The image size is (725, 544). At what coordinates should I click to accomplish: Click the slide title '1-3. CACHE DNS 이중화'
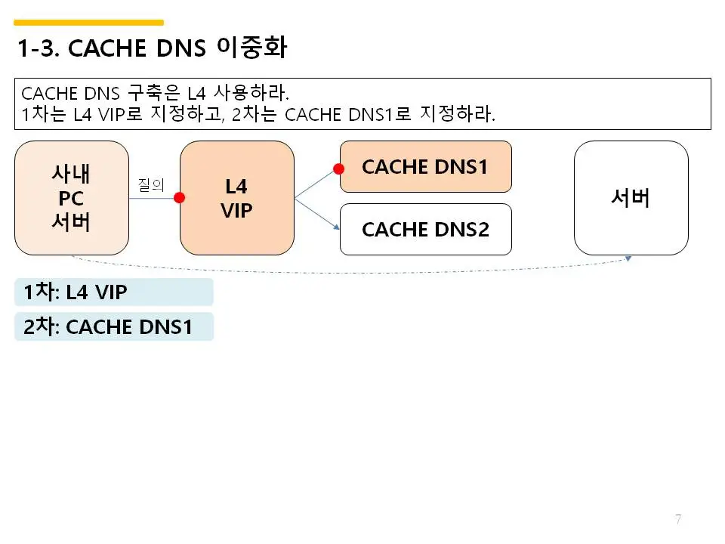(151, 48)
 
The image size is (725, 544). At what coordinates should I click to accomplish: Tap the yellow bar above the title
(89, 23)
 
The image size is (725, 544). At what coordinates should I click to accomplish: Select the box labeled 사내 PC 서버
(72, 198)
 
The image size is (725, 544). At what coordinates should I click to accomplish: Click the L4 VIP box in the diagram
(236, 198)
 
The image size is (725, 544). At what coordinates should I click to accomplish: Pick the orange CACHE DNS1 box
(425, 167)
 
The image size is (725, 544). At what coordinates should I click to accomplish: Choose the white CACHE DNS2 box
(425, 229)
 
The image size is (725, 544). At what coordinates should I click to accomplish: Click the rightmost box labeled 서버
(631, 198)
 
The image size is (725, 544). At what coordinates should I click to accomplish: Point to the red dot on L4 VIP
(180, 198)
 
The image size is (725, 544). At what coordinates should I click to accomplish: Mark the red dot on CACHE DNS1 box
(340, 167)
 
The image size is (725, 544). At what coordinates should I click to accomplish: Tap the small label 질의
(151, 184)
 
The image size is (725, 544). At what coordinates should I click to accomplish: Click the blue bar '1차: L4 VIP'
(113, 292)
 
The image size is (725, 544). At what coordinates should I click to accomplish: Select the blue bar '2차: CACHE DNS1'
(113, 327)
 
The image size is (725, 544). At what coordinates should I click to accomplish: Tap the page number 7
(678, 519)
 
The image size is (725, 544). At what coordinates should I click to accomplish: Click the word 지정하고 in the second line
(190, 116)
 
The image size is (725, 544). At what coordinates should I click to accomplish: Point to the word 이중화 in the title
(251, 48)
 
